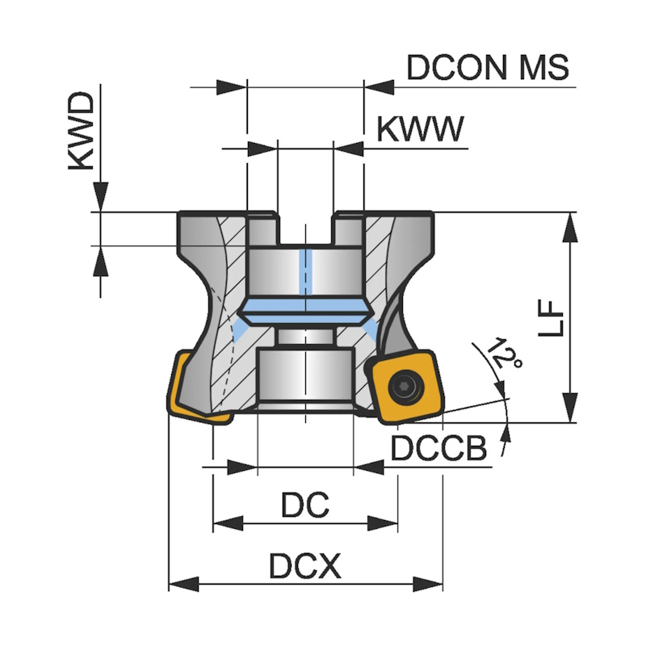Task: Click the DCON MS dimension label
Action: click(488, 67)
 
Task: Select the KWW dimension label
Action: click(421, 129)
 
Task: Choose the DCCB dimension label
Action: click(440, 449)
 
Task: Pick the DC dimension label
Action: click(305, 506)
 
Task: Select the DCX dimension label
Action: click(304, 568)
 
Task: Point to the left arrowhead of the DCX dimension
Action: click(182, 584)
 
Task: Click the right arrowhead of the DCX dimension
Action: click(430, 584)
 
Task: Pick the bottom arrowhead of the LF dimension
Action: click(570, 408)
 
